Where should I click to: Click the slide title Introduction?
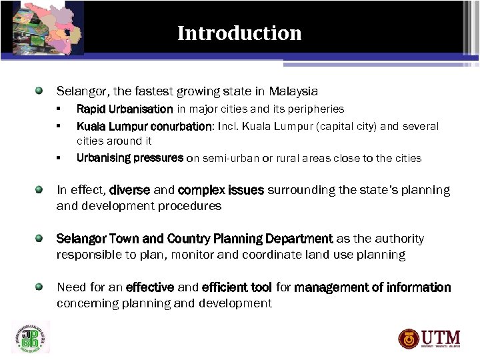(239, 33)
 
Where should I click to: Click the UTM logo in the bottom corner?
(430, 337)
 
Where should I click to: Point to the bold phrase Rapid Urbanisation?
(125, 109)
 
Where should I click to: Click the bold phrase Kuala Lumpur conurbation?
(144, 126)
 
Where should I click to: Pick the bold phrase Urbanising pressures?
(130, 158)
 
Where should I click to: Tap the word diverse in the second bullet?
(130, 190)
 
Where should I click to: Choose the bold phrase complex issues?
(221, 190)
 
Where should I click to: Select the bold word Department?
(299, 239)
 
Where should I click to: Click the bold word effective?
(150, 287)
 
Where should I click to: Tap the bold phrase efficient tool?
(237, 287)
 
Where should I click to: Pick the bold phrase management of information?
(373, 287)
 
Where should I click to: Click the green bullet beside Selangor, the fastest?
(39, 89)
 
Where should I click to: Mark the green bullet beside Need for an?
(39, 287)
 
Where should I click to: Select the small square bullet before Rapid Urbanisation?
(59, 109)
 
